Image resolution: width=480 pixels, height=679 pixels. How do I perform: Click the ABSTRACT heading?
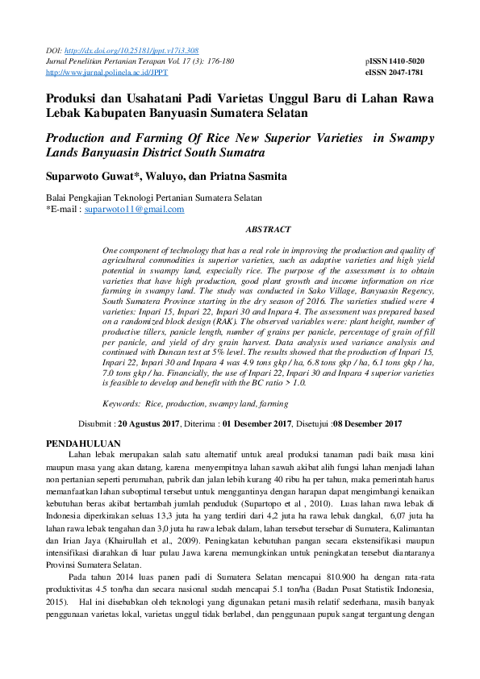coord(268,229)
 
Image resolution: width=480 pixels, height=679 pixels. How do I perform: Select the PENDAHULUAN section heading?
coord(83,444)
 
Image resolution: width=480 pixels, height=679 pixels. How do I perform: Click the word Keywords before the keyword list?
coord(122,402)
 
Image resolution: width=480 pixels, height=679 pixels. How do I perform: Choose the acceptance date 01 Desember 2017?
coord(256,423)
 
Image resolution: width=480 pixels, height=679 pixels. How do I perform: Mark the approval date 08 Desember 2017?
coord(367,423)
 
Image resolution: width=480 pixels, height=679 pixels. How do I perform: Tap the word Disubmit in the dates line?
coord(95,423)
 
